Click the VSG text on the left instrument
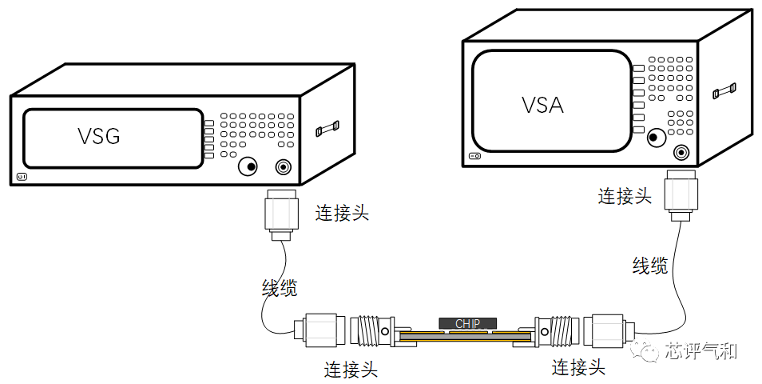(x=99, y=137)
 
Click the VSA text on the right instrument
(x=542, y=105)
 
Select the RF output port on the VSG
(x=283, y=166)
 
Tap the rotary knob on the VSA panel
(x=656, y=137)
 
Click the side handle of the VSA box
(x=724, y=90)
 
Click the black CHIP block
(x=467, y=323)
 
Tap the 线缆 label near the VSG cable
(x=280, y=288)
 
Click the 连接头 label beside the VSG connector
(x=342, y=214)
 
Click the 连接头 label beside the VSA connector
(x=625, y=196)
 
